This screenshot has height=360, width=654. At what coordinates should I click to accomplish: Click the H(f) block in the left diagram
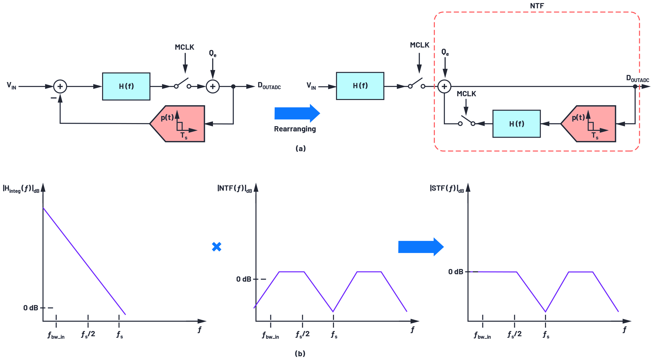point(126,86)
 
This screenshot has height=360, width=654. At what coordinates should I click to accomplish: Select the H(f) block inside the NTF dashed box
point(516,124)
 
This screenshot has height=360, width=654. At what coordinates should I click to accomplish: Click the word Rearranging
point(295,129)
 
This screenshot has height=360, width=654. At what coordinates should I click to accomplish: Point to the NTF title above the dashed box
point(537,6)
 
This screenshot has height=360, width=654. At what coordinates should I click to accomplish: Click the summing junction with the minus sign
point(60,86)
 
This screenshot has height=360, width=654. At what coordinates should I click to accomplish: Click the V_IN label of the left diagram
point(11,85)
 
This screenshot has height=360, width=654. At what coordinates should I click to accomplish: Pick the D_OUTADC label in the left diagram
point(269,86)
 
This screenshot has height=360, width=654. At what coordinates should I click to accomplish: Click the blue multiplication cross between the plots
point(217,246)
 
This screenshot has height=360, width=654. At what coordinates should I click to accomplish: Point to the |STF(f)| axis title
point(447,188)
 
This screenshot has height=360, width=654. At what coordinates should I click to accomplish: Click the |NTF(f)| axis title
point(234,188)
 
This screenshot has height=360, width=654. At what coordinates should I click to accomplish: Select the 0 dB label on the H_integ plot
point(31,308)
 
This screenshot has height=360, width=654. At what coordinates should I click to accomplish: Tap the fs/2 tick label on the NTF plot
point(302,334)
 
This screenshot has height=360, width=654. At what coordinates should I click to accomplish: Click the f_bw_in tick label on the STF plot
point(482,335)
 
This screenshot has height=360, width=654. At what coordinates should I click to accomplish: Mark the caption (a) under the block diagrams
point(300,148)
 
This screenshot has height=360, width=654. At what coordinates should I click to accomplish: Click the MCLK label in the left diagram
point(184,47)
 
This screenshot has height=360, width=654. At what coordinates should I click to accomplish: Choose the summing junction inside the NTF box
point(444,86)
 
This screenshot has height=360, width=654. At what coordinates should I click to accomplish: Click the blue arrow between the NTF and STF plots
point(421,247)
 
